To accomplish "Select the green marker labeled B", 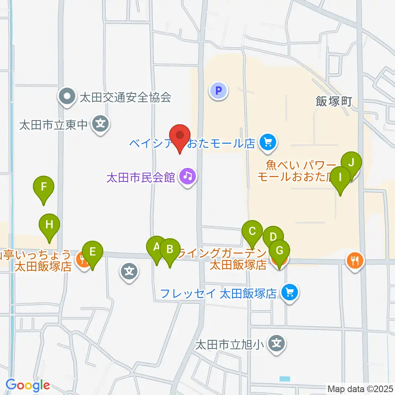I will tap(170, 249).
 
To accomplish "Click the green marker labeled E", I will tap(93, 251).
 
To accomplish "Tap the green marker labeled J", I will tap(351, 163).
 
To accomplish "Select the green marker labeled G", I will tap(279, 251).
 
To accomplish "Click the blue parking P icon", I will tap(218, 90).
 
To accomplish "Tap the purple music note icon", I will tap(188, 177).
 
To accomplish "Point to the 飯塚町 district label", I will tap(334, 101).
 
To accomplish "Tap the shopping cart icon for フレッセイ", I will tap(290, 293).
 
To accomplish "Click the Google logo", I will tap(28, 385).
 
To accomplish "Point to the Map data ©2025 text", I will tap(360, 389).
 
